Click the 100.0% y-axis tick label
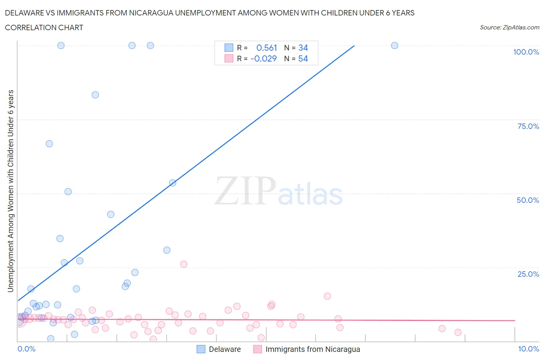click(x=526, y=52)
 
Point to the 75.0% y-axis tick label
click(x=528, y=126)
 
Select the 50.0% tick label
click(x=528, y=200)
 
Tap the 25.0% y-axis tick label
click(x=528, y=274)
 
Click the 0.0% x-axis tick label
click(x=26, y=349)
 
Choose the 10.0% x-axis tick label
click(x=529, y=349)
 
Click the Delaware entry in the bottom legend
click(x=224, y=349)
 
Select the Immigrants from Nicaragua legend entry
click(x=312, y=349)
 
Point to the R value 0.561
click(x=267, y=48)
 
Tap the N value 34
click(x=303, y=48)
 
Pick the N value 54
click(x=303, y=58)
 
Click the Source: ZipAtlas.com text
click(x=509, y=27)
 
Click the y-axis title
click(x=10, y=191)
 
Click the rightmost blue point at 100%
click(x=394, y=45)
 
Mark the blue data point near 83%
click(x=95, y=95)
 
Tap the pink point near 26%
click(x=184, y=264)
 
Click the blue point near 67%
click(x=49, y=144)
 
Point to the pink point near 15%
click(x=327, y=296)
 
